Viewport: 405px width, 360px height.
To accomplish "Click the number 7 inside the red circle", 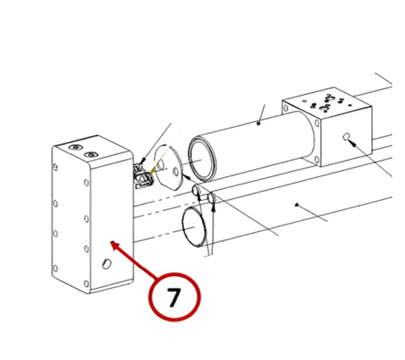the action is click(174, 297).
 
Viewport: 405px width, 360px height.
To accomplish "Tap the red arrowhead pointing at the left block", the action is click(115, 245).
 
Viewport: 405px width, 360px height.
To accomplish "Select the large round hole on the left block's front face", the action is click(107, 263).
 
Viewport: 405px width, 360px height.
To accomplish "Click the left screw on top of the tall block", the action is click(75, 147).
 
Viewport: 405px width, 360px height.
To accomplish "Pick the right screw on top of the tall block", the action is click(91, 154).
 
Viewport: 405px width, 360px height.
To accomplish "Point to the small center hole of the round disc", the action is click(175, 171).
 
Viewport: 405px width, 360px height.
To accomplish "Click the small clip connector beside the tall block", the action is click(143, 176).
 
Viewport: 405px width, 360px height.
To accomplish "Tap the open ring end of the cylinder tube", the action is click(202, 159).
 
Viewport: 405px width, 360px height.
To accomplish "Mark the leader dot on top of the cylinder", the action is click(258, 123).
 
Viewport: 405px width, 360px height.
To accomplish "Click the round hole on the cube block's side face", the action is click(346, 136).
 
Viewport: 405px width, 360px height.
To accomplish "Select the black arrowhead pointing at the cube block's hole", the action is click(352, 143).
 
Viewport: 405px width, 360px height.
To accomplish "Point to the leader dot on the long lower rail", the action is click(297, 204).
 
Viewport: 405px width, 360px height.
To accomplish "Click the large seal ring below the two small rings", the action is click(194, 226).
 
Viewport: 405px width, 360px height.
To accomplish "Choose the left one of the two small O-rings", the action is click(196, 191).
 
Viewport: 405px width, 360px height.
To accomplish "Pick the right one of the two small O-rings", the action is click(212, 198).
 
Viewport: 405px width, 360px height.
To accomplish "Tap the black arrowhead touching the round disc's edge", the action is click(186, 177).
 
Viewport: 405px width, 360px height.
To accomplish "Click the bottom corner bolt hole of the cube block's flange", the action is click(318, 159).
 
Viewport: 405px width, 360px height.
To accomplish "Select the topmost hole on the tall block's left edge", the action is click(55, 168).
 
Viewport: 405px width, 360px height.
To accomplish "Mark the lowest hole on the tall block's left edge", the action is click(55, 268).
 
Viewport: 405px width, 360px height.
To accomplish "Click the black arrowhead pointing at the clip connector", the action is click(142, 161).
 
